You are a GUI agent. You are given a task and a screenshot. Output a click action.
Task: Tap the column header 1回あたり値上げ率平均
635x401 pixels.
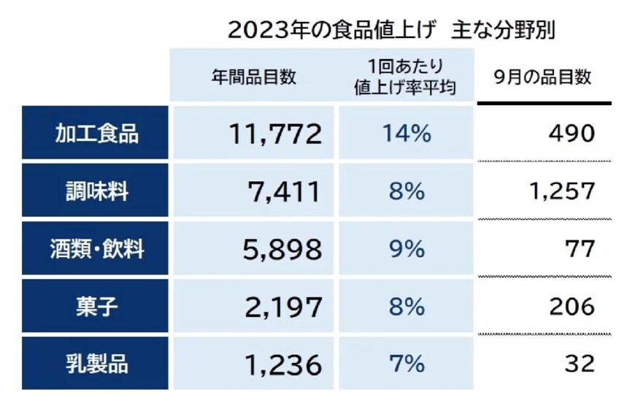[404, 75]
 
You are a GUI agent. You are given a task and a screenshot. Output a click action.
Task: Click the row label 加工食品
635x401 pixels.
[96, 134]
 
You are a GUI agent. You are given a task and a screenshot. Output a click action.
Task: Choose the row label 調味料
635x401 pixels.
[96, 191]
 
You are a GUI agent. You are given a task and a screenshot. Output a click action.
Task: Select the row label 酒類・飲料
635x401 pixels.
[96, 249]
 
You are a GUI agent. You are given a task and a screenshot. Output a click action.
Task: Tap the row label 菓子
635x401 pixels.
[96, 307]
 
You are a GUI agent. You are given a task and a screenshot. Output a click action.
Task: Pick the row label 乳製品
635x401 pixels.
[96, 364]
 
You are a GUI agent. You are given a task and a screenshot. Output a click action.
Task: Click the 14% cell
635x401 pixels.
[406, 134]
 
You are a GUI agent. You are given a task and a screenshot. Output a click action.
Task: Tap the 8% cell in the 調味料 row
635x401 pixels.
[406, 191]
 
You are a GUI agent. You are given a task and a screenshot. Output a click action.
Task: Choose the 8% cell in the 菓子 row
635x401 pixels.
[406, 307]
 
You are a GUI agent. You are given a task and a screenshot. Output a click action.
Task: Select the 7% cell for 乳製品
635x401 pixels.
[406, 364]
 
